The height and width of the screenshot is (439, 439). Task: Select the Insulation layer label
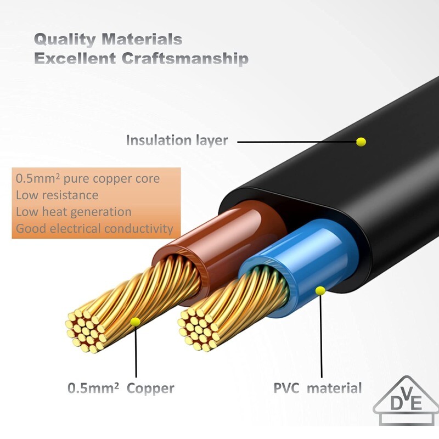click(x=177, y=140)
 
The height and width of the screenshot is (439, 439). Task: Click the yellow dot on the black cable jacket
click(x=361, y=142)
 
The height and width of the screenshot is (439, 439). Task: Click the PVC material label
click(x=318, y=389)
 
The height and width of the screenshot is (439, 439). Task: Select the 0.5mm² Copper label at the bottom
click(x=121, y=389)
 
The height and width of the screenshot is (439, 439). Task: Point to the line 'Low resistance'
click(x=57, y=195)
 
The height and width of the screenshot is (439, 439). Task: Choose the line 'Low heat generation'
click(x=74, y=211)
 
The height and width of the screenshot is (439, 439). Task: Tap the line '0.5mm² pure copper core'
click(x=88, y=178)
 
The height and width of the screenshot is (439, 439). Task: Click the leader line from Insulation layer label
click(x=296, y=142)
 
